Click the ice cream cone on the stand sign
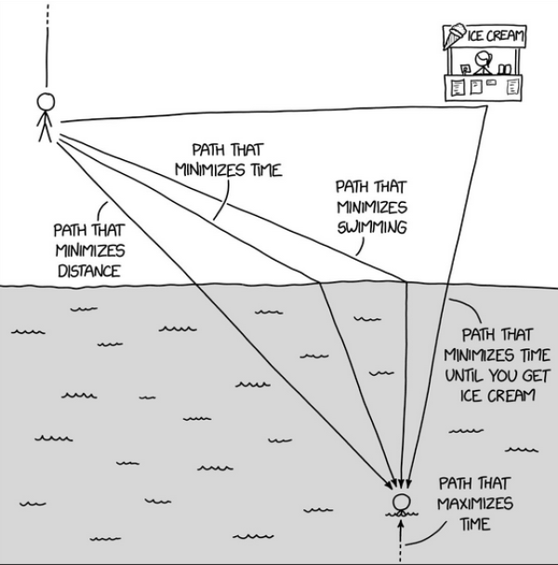[x=455, y=35]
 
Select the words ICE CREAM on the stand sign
[x=496, y=35]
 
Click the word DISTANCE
[x=89, y=271]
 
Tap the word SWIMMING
[x=372, y=227]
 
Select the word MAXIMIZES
[x=475, y=504]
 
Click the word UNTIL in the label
[x=463, y=375]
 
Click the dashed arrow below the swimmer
[x=401, y=540]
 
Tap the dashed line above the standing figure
[x=46, y=45]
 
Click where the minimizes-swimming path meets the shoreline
[x=406, y=282]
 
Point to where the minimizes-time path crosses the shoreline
[x=320, y=283]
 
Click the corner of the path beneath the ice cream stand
[x=486, y=106]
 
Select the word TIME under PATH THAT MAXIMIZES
[x=475, y=524]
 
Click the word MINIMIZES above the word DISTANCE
[x=90, y=250]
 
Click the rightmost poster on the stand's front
[x=511, y=87]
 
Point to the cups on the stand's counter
[x=504, y=69]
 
